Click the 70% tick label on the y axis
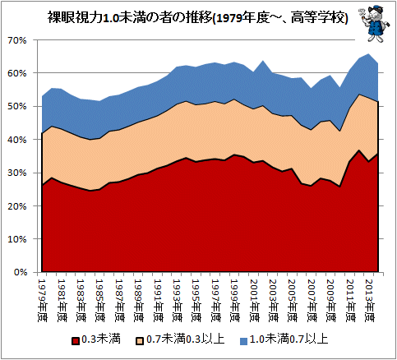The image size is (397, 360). pos(18,40)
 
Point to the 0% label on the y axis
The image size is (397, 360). pos(20,273)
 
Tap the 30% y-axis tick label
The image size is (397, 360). pos(18,173)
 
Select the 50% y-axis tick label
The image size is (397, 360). pos(18,107)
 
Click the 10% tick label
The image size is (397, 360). pos(18,239)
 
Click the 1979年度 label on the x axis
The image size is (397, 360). pos(43,301)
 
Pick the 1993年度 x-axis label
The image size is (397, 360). pos(178,301)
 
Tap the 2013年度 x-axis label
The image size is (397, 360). pos(371,301)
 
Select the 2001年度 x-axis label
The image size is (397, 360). pos(255,301)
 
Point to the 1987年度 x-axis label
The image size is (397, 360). pos(120,301)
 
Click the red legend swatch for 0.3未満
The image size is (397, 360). pos(76,340)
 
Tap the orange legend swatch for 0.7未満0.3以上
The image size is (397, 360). pos(140,340)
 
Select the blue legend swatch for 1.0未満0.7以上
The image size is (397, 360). pos(243,341)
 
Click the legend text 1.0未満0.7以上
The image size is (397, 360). pos(289,339)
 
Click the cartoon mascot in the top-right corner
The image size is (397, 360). pos(374,25)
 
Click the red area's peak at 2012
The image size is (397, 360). pos(359,150)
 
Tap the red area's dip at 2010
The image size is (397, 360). pos(339,187)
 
